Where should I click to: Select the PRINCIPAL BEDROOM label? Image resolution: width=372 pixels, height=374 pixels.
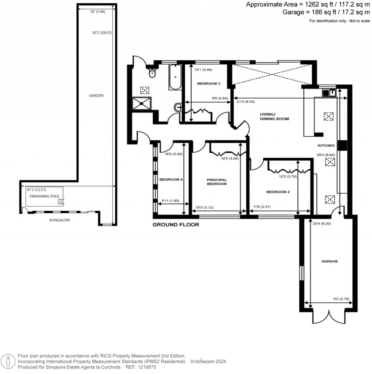(217, 182)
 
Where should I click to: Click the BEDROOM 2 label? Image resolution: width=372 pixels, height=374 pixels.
(278, 192)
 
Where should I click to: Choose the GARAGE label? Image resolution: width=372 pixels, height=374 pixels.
(329, 261)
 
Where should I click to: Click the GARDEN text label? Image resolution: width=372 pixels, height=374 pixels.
(96, 96)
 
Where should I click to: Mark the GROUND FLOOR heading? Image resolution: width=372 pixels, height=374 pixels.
(175, 225)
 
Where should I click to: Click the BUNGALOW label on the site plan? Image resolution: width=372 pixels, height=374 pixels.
(59, 220)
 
